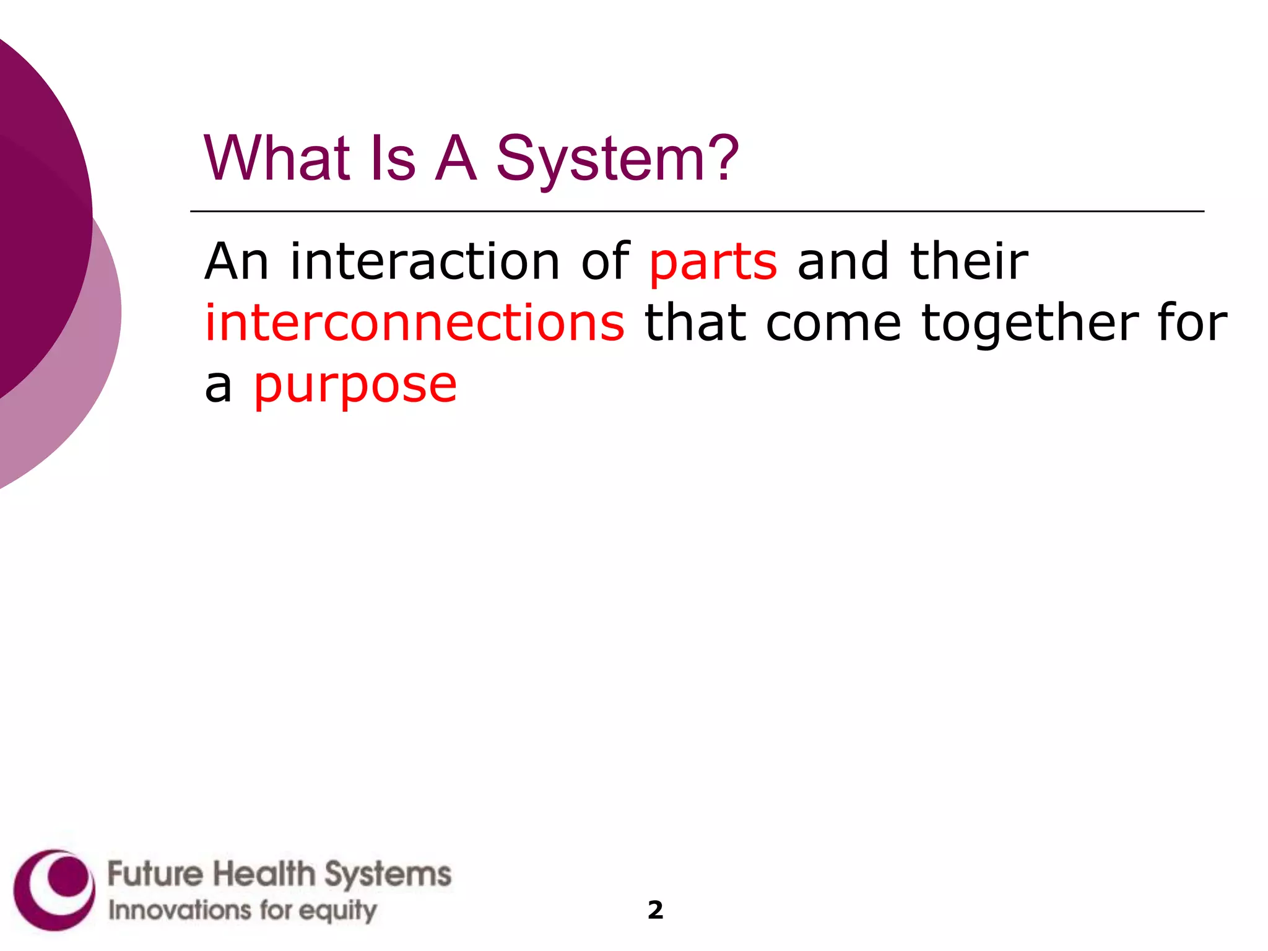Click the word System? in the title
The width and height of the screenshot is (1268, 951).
tap(617, 160)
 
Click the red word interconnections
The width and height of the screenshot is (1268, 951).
tap(415, 323)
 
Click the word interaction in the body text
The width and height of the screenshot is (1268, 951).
tap(425, 261)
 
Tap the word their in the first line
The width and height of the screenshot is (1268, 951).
tap(969, 261)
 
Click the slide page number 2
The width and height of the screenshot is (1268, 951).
tap(655, 910)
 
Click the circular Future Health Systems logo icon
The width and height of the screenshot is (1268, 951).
tap(54, 890)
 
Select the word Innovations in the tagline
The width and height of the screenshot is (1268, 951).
tap(180, 910)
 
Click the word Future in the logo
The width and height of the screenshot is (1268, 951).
tap(155, 874)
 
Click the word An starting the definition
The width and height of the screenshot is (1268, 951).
tap(237, 261)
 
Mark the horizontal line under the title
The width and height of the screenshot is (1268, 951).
tap(697, 212)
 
